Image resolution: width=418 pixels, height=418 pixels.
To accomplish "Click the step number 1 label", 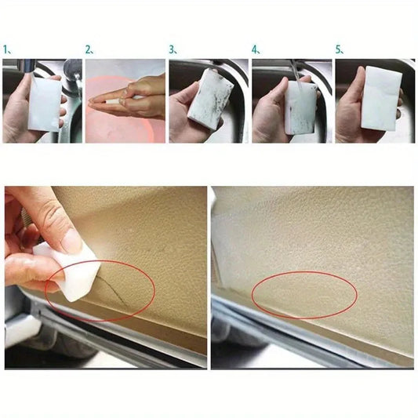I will click(7, 49).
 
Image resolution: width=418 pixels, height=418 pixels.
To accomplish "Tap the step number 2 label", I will click(89, 49).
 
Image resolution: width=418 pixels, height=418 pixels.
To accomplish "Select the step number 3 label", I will click(173, 49).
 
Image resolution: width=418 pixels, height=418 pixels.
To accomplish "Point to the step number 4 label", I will click(256, 49).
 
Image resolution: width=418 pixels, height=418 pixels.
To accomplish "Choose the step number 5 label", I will click(339, 49).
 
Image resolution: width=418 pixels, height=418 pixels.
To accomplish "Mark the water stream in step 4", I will click(292, 71).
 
